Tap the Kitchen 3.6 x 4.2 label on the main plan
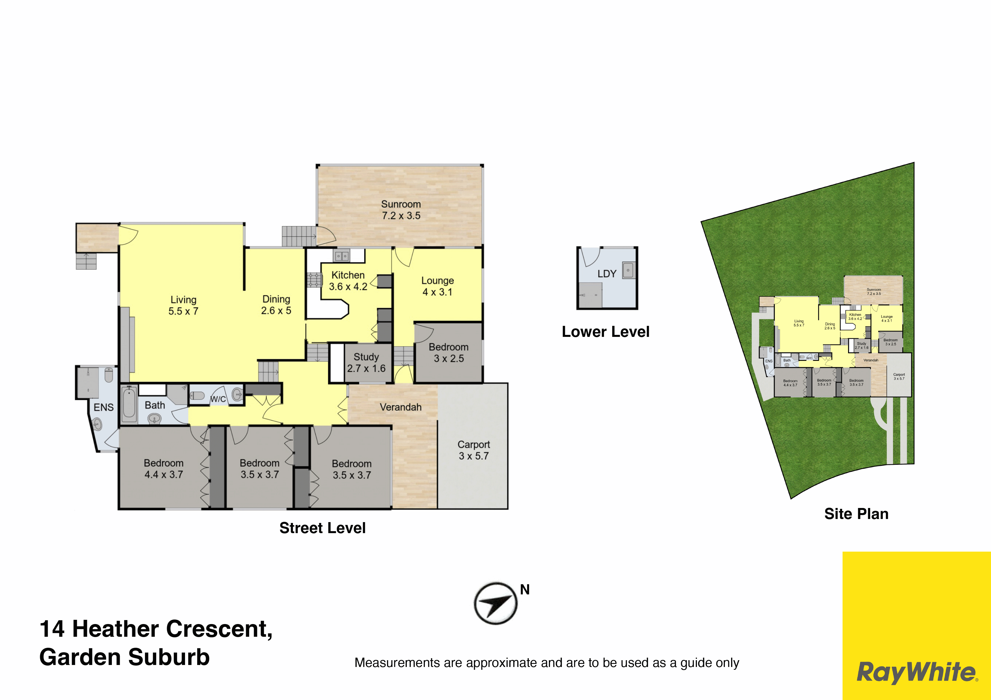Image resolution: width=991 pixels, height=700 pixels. point(348,281)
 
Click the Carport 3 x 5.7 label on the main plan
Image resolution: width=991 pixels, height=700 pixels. point(473,450)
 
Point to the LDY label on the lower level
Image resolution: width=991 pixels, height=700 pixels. point(607,274)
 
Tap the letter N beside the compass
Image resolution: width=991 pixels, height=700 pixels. point(525,590)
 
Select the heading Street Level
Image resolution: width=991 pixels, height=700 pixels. point(322,528)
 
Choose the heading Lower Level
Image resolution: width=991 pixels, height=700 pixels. point(606,332)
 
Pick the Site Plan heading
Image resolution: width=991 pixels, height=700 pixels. point(856,514)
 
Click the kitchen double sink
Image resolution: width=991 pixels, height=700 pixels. point(342,256)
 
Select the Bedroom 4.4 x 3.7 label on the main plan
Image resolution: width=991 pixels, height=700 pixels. point(164,469)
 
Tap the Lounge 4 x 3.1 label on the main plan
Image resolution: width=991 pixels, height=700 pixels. point(437,286)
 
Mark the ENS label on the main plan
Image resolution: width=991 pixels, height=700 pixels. point(104,407)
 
